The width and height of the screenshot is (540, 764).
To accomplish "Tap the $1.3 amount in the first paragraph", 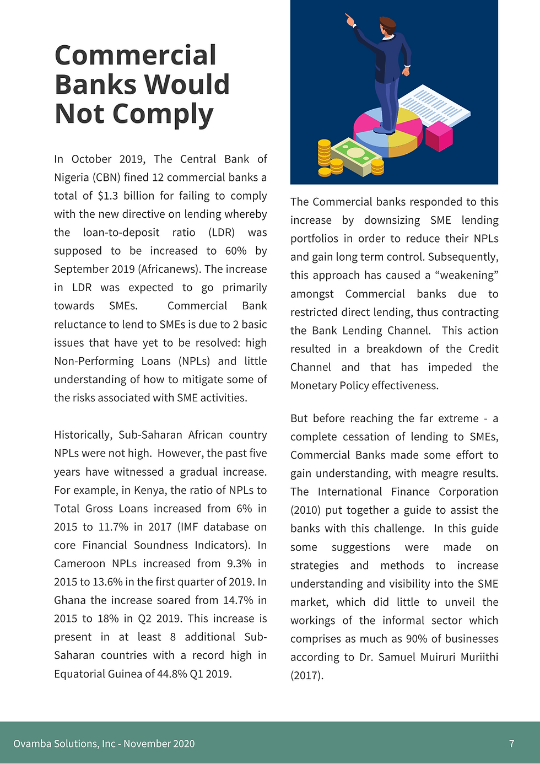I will click(x=107, y=196).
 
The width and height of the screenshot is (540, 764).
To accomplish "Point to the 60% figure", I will click(x=235, y=251).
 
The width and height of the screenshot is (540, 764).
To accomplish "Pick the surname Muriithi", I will click(x=477, y=657).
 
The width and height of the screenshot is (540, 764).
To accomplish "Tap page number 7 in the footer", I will click(x=511, y=744).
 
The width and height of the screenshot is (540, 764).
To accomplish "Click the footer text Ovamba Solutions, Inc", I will click(x=64, y=744).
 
